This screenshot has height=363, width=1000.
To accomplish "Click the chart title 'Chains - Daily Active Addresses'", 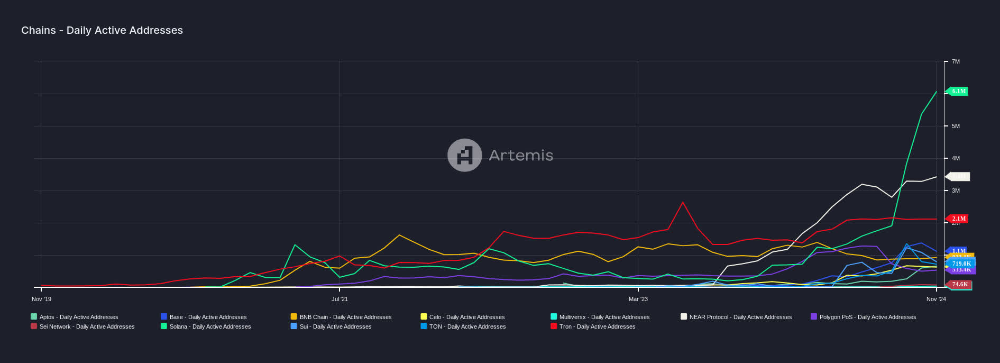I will tap(102, 30).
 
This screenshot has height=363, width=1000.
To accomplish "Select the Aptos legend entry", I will tap(78, 317).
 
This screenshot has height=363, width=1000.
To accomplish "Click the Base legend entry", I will tap(207, 317).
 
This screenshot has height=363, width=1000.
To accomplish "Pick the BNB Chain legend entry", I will tap(345, 317).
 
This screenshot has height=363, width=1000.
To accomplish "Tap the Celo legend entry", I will tap(466, 317).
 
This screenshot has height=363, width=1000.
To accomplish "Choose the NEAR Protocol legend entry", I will tap(740, 317).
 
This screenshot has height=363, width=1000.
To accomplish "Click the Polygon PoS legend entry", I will tap(867, 317).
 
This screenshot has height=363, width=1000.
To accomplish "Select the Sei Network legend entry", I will tap(86, 326).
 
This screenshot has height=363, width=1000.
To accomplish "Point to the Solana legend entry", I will tap(209, 326).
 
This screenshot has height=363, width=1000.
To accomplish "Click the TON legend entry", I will tap(467, 326).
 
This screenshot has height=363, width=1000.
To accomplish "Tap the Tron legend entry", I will tap(597, 326).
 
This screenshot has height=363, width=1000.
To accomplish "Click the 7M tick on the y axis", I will tap(955, 62).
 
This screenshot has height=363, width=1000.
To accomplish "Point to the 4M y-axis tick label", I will tap(955, 158).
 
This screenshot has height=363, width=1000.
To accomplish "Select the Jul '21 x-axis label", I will tap(340, 299).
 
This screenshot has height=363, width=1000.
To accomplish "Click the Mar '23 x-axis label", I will tap(638, 299).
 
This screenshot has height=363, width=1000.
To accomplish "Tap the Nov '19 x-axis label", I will tap(41, 299).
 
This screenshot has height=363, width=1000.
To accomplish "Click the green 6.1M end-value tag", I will tap(958, 91).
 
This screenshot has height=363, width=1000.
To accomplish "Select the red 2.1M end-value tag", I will tap(958, 219).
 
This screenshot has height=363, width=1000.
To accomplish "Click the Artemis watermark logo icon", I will tap(464, 155).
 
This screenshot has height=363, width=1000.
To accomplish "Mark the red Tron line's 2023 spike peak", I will tap(683, 202).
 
